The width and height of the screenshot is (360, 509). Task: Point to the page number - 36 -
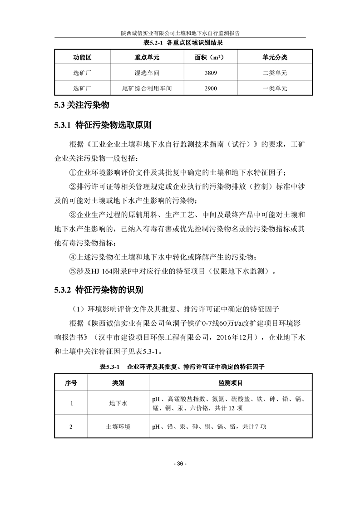coord(180,464)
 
